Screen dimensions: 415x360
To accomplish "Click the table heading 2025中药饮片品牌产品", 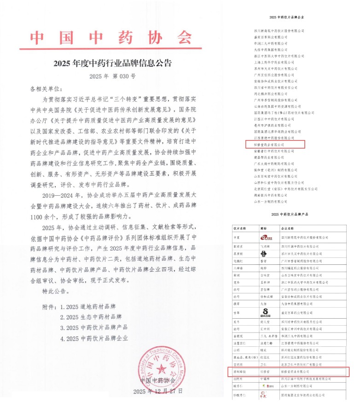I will (x=290, y=215).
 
